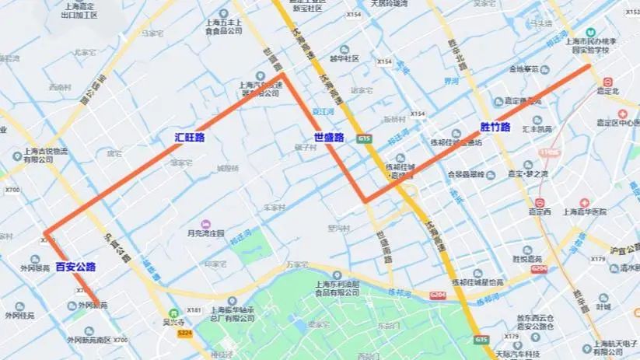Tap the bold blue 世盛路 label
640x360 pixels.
click(x=329, y=137)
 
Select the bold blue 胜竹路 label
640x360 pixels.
click(x=495, y=127)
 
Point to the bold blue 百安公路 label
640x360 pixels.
click(x=75, y=267)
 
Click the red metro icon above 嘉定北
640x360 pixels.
click(x=607, y=81)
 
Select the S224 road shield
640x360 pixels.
click(x=184, y=333)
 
